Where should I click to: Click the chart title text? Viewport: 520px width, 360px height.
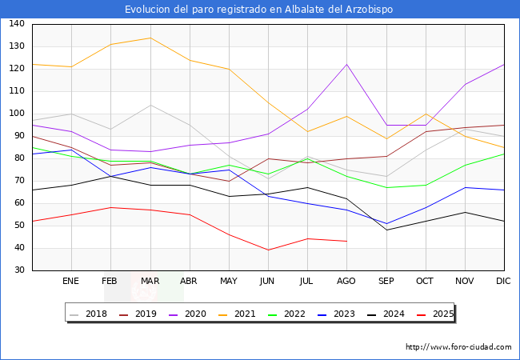pos(259,10)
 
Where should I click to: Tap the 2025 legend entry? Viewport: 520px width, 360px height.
pos(442,314)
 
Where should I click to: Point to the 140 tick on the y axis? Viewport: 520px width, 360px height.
pos(17,24)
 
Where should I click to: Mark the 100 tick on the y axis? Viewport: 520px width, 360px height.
pos(17,114)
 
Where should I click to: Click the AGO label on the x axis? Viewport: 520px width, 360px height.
pos(346,282)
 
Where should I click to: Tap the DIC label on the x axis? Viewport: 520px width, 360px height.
pos(503,282)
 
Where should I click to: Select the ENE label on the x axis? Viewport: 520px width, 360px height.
pos(71,282)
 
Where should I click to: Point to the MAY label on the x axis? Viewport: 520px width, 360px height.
pos(229,282)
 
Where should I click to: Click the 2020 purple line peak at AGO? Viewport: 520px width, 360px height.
pos(346,65)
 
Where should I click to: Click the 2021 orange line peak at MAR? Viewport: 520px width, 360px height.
pos(150,38)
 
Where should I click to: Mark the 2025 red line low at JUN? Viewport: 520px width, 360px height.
pos(268,250)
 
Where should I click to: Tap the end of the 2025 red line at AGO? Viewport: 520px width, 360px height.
pos(346,241)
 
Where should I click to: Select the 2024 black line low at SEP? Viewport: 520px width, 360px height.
pos(386,230)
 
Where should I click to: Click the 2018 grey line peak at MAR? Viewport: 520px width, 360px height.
pos(150,105)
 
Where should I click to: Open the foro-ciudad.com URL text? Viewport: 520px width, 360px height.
pos(458,347)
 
